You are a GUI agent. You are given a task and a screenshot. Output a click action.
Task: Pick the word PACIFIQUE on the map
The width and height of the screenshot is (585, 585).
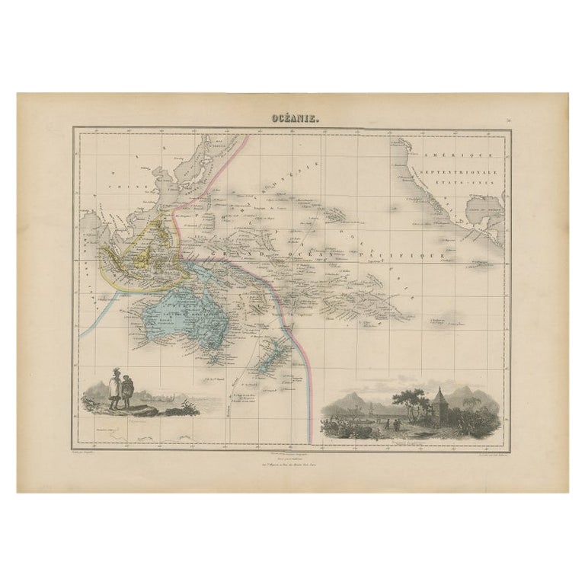[406, 258]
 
